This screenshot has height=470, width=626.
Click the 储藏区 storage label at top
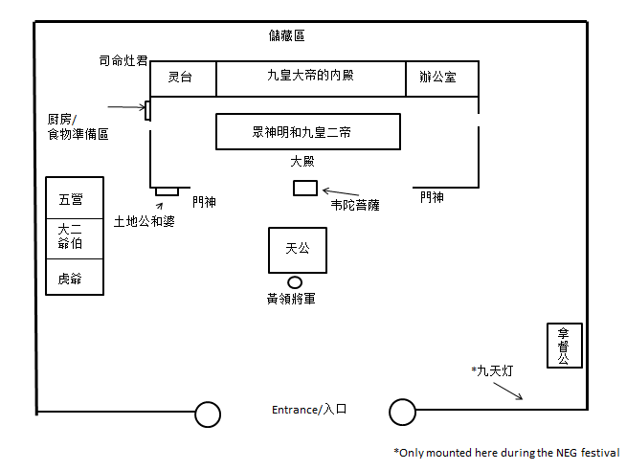(287, 36)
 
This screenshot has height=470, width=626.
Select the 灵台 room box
(183, 78)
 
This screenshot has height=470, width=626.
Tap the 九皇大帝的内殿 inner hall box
(310, 78)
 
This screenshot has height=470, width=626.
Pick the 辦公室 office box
(441, 78)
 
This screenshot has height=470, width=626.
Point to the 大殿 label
(302, 162)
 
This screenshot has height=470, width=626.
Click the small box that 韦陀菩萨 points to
(304, 188)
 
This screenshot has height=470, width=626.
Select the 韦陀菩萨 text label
(358, 204)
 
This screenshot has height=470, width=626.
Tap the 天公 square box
(297, 250)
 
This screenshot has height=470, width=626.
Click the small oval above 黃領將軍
(295, 281)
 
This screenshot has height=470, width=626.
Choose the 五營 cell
(75, 199)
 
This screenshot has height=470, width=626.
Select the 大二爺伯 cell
(75, 236)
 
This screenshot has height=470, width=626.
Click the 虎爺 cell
(75, 277)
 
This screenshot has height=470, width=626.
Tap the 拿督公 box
(563, 346)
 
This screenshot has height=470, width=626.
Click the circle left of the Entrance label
(208, 414)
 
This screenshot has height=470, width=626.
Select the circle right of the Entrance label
(402, 413)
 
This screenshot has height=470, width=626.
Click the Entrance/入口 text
(308, 410)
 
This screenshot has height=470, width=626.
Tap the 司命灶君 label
(123, 60)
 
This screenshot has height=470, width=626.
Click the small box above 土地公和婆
(167, 191)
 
